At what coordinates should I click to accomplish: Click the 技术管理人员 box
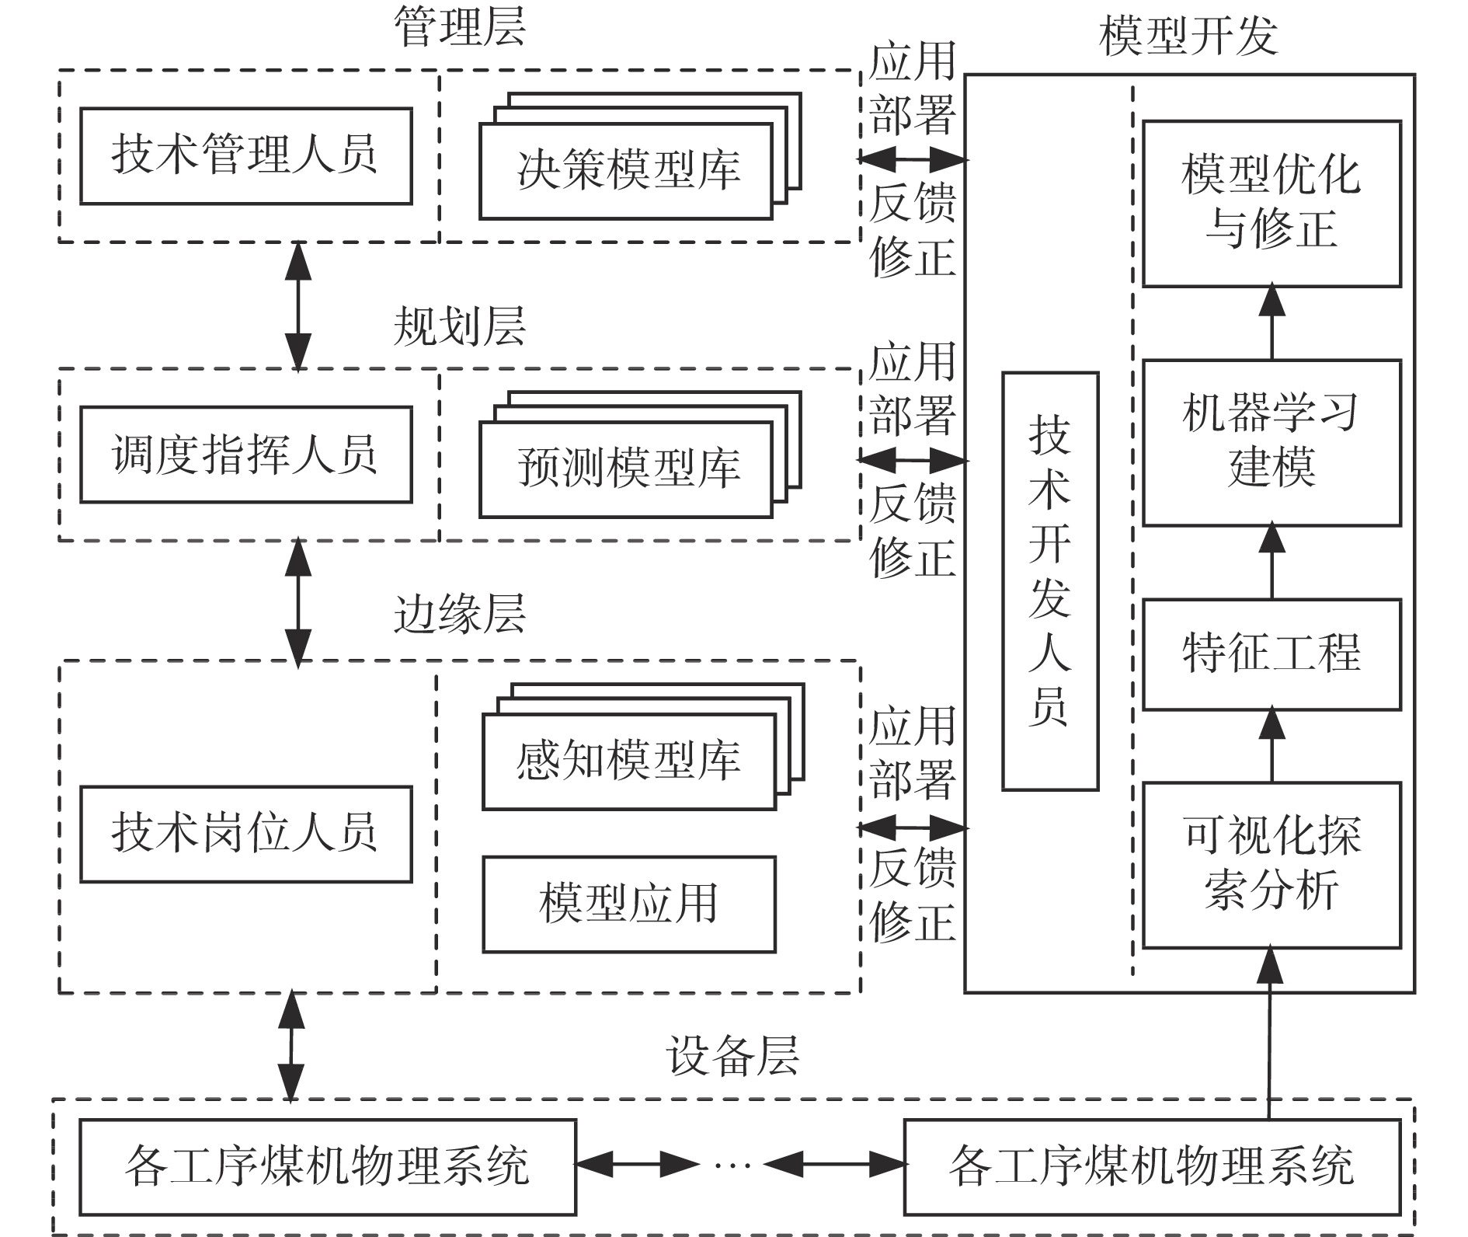[x=245, y=156]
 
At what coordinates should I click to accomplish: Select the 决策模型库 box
[x=626, y=171]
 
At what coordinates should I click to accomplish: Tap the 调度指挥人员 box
[x=245, y=455]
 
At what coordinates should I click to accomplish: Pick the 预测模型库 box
[x=626, y=469]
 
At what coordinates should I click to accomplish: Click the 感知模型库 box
[x=628, y=761]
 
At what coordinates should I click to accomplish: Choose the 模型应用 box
[x=628, y=904]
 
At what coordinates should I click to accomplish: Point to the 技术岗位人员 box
[x=245, y=834]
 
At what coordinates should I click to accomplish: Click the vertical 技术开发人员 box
[x=1050, y=581]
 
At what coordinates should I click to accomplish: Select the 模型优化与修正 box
[x=1271, y=204]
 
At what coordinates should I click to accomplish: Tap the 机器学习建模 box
[x=1271, y=442]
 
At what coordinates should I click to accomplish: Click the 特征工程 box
[x=1271, y=654]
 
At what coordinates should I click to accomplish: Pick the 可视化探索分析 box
[x=1271, y=865]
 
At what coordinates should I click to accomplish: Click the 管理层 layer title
[x=460, y=27]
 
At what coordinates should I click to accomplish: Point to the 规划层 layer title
[x=460, y=326]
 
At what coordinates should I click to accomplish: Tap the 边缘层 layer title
[x=460, y=615]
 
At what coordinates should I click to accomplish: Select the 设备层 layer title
[x=732, y=1056]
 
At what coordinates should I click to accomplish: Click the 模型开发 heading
[x=1188, y=36]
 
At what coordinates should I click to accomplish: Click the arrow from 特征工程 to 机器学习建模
[x=1271, y=562]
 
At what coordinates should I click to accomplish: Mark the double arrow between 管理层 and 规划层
[x=298, y=306]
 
